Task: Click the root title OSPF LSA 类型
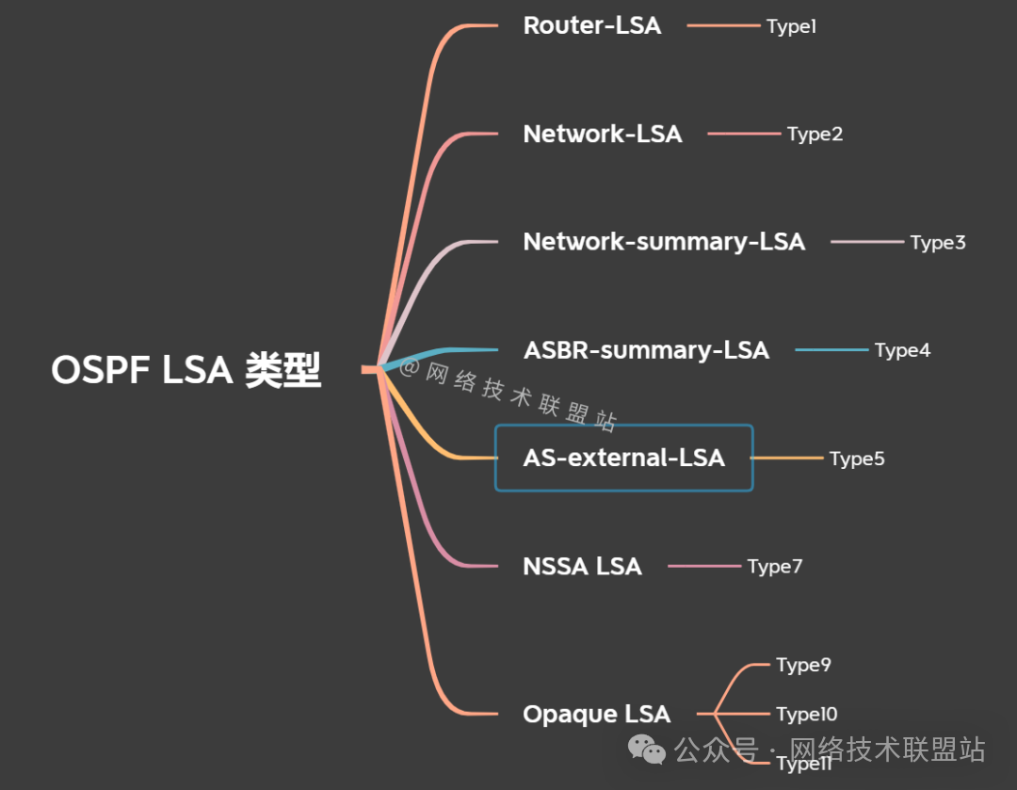pyautogui.click(x=186, y=370)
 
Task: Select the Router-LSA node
pyautogui.click(x=592, y=25)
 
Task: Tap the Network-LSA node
pyautogui.click(x=602, y=134)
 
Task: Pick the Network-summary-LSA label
pyautogui.click(x=664, y=242)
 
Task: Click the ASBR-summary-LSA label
pyautogui.click(x=646, y=350)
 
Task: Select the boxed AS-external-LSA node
pyautogui.click(x=623, y=459)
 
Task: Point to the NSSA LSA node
pyautogui.click(x=582, y=566)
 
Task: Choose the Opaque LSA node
pyautogui.click(x=596, y=715)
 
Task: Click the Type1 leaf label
pyautogui.click(x=791, y=26)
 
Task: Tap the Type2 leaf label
pyautogui.click(x=815, y=134)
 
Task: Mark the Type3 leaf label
pyautogui.click(x=937, y=243)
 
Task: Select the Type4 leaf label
pyautogui.click(x=902, y=350)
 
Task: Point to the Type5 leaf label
pyautogui.click(x=857, y=459)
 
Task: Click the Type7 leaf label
pyautogui.click(x=774, y=566)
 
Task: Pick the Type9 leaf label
pyautogui.click(x=803, y=665)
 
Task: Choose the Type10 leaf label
pyautogui.click(x=806, y=715)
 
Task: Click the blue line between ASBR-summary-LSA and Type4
pyautogui.click(x=831, y=350)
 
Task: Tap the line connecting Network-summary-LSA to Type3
pyautogui.click(x=866, y=242)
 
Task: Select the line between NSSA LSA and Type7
pyautogui.click(x=704, y=566)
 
